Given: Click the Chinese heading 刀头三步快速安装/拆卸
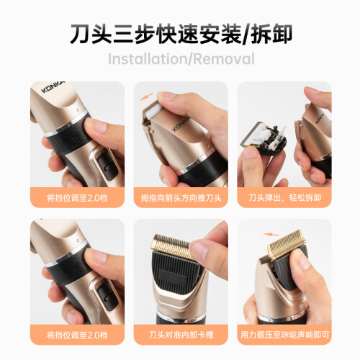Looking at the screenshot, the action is [x=181, y=34].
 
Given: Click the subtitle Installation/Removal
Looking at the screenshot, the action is [x=181, y=59].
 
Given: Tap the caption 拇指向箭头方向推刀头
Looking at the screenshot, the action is [x=181, y=198].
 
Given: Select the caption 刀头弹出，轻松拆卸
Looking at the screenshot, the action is [x=285, y=198].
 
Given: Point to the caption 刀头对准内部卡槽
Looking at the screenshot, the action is [x=181, y=335].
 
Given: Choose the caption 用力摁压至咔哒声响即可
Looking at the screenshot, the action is [x=284, y=335].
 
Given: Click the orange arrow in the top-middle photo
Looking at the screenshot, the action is [x=146, y=96].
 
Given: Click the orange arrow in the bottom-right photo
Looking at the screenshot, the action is [x=271, y=235].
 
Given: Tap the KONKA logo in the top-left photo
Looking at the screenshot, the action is [x=53, y=86].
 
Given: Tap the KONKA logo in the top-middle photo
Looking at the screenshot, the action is [x=181, y=124].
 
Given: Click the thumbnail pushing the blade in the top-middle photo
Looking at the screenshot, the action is [x=166, y=96].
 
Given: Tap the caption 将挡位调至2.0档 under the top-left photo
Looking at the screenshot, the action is [x=77, y=198].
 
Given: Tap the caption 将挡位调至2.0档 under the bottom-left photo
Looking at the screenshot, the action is [x=77, y=335].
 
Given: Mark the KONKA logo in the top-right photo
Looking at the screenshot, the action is [x=320, y=118].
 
